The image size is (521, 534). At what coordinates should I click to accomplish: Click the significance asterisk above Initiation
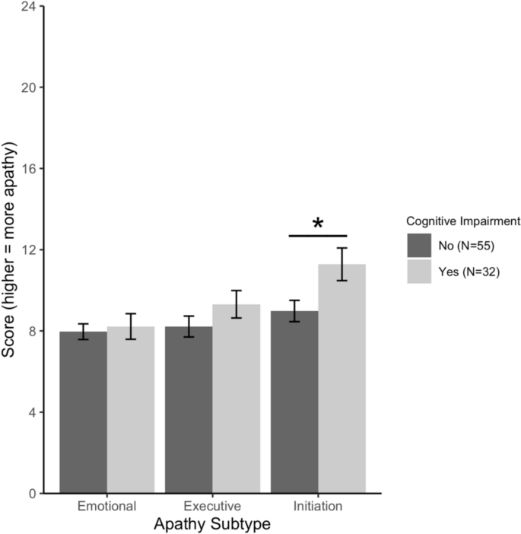click(x=318, y=224)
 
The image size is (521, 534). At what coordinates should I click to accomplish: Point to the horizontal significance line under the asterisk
click(x=318, y=236)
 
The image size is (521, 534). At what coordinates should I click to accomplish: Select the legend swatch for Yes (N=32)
click(x=419, y=270)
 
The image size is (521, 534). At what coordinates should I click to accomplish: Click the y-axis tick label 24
click(x=27, y=6)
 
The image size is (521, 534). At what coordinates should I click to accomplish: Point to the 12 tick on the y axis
click(x=27, y=250)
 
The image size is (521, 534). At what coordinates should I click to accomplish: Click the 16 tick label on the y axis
click(x=27, y=168)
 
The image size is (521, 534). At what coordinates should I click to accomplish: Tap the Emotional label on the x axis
click(x=106, y=507)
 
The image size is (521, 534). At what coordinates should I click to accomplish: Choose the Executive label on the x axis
click(x=212, y=507)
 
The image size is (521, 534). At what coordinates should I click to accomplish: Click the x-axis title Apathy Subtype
click(x=212, y=524)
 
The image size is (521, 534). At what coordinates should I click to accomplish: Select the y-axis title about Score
click(x=11, y=250)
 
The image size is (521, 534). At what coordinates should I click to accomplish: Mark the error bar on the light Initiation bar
click(x=342, y=264)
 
